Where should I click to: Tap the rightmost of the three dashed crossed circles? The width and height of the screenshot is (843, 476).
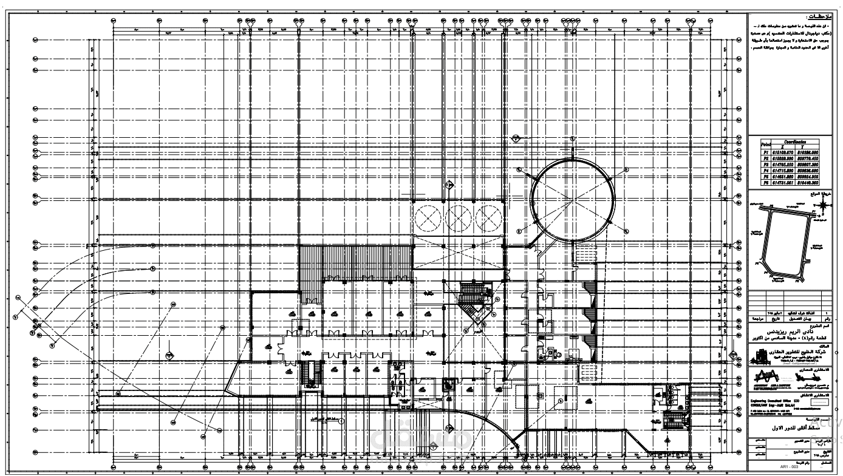pyautogui.click(x=490, y=217)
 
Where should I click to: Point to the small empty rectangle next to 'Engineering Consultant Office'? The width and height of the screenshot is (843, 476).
pyautogui.click(x=821, y=400)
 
